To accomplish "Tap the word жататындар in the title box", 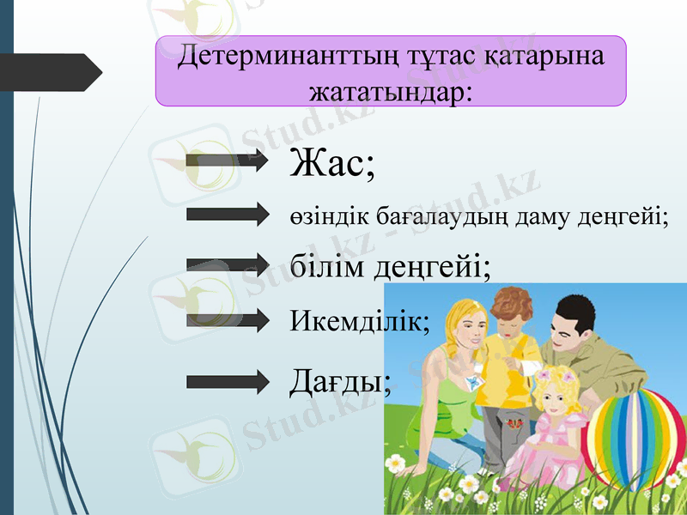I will (386, 89).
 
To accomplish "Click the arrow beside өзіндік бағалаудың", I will (228, 215).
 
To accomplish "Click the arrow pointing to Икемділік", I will (228, 321).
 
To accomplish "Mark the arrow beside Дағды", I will (228, 382).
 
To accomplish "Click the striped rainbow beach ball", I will (635, 437).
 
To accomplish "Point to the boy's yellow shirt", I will (507, 369).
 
